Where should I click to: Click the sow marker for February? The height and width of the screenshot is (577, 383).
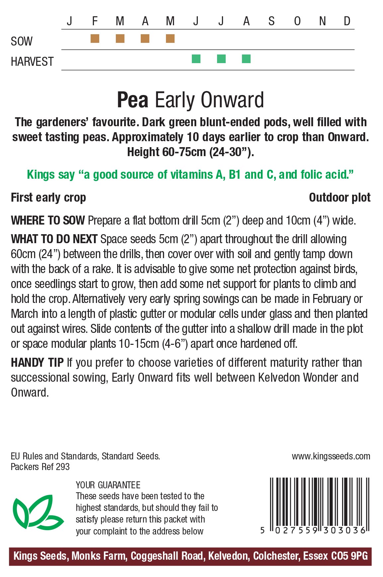[95, 39]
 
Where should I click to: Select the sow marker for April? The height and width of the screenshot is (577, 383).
[145, 39]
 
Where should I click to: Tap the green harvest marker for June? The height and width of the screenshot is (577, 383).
[196, 59]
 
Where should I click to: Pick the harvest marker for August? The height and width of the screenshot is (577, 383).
[246, 59]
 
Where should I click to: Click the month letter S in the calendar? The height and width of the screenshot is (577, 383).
[271, 21]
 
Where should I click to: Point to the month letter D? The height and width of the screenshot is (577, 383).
[347, 21]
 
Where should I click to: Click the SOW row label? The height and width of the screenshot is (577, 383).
[22, 42]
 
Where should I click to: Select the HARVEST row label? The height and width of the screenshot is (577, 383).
[32, 62]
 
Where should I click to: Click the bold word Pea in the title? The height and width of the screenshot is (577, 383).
[132, 100]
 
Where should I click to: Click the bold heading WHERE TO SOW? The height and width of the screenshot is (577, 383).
[48, 221]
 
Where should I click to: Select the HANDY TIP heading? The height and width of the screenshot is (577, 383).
[37, 362]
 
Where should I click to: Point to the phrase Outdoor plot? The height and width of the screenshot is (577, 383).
[340, 198]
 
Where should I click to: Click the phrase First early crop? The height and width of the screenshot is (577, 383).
[48, 198]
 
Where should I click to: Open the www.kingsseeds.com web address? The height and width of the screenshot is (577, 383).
[331, 456]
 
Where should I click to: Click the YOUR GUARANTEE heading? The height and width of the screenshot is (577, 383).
[108, 485]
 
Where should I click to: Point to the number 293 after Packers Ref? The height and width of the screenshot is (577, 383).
[63, 467]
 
